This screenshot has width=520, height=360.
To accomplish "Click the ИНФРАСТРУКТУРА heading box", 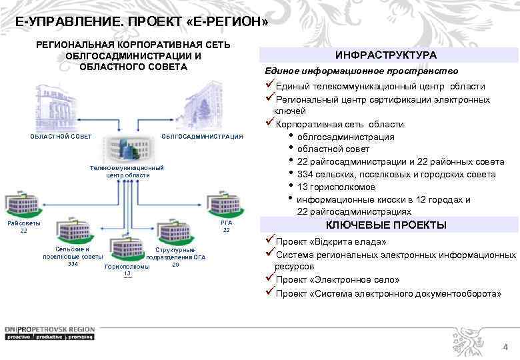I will pos(386,55).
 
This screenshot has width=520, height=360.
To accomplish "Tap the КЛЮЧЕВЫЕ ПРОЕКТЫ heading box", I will pos(386,225).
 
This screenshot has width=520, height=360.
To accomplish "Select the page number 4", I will pos(505,347).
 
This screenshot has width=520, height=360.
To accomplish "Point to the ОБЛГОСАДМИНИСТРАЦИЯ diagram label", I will pos(203,137).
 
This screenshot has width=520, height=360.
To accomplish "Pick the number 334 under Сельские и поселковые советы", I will pos(73,264).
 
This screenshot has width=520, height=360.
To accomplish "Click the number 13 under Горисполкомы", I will pos(127,274).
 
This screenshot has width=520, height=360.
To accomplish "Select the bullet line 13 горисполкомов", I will pos(336,187).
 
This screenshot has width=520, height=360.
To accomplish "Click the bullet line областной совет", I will pos(333,149).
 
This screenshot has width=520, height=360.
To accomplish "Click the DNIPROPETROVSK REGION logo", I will pos(50,333).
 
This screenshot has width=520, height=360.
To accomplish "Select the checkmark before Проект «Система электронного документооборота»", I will pos(270,292).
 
